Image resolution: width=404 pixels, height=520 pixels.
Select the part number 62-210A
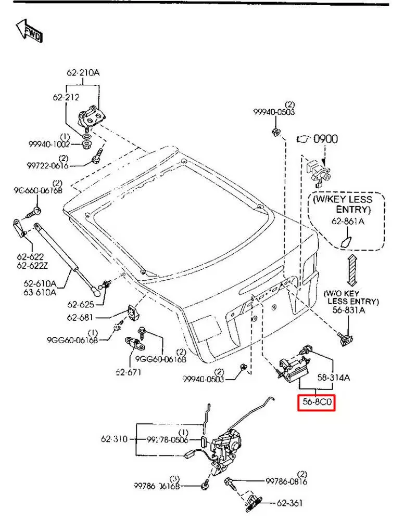tap(83, 73)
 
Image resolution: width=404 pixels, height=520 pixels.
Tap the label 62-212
tap(66, 97)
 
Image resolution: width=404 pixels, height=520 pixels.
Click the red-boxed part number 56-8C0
tap(316, 402)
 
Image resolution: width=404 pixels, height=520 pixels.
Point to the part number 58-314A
tap(334, 378)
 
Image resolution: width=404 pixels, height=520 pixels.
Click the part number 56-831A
tap(349, 310)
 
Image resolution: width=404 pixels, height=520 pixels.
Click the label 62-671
tap(128, 372)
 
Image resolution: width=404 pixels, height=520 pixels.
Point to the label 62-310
tap(114, 439)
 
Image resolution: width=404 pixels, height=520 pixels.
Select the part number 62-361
tap(290, 503)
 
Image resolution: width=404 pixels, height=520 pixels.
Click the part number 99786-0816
tap(287, 482)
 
